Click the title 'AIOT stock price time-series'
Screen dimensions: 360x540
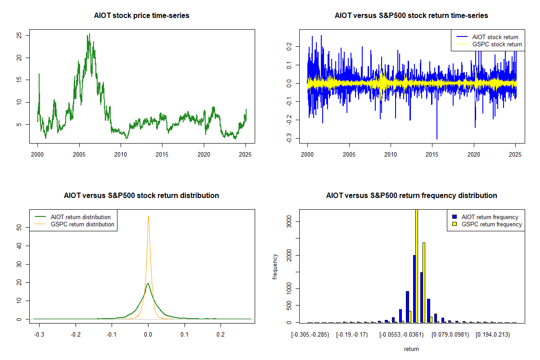142,15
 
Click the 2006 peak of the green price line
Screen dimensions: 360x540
89,34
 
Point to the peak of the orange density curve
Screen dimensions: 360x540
148,216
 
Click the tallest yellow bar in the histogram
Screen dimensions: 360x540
417,265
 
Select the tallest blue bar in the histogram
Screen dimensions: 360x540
414,288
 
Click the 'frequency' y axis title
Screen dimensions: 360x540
275,266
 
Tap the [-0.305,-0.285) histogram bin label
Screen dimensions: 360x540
310,335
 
